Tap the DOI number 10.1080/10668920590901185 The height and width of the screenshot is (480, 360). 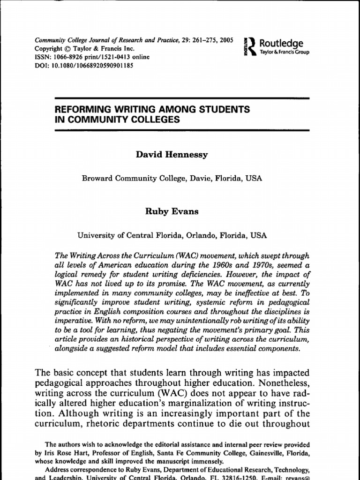tap(91, 66)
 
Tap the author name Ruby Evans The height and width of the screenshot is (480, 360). tap(172, 211)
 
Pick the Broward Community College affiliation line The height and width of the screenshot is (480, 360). tap(172, 178)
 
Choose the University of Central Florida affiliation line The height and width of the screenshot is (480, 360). tap(172, 236)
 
